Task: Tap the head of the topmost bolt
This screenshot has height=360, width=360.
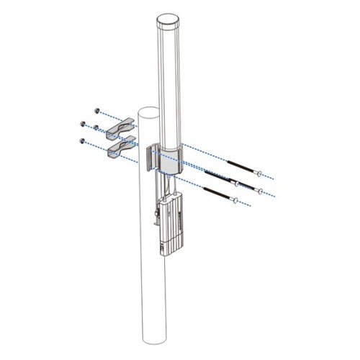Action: (258, 173)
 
